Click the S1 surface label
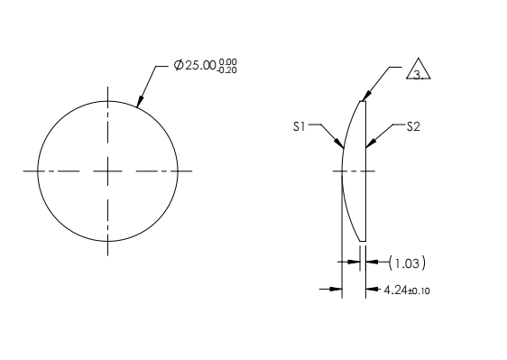pyautogui.click(x=300, y=127)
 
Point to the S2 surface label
pyautogui.click(x=412, y=127)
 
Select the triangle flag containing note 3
pyautogui.click(x=416, y=70)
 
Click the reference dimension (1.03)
pyautogui.click(x=407, y=263)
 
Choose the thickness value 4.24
pyautogui.click(x=394, y=291)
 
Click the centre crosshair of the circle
pyautogui.click(x=108, y=171)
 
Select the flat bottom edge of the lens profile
pyautogui.click(x=363, y=241)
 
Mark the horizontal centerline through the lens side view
pyautogui.click(x=354, y=171)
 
